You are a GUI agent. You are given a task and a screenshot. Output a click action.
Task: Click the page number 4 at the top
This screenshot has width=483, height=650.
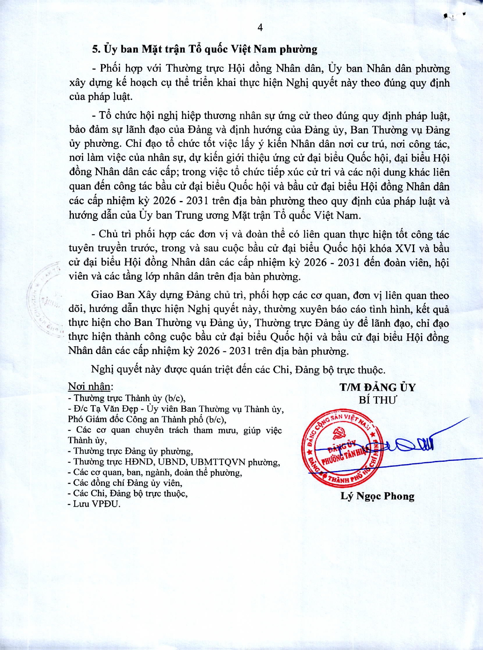pyautogui.click(x=260, y=28)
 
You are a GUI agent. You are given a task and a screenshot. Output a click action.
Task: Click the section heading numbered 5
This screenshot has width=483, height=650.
pyautogui.click(x=205, y=49)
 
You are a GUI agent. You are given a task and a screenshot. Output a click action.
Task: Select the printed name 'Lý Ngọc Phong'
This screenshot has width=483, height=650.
pyautogui.click(x=377, y=496)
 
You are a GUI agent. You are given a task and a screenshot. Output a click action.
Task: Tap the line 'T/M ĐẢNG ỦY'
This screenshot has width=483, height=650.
pyautogui.click(x=377, y=387)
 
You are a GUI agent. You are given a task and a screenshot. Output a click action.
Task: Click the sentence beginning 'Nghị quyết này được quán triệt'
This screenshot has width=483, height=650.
pyautogui.click(x=238, y=370)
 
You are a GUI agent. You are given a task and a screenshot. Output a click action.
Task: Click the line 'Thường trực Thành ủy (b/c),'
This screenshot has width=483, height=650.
pyautogui.click(x=129, y=398)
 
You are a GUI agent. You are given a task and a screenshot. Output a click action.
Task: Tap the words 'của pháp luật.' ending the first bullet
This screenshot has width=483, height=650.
pyautogui.click(x=101, y=97)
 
